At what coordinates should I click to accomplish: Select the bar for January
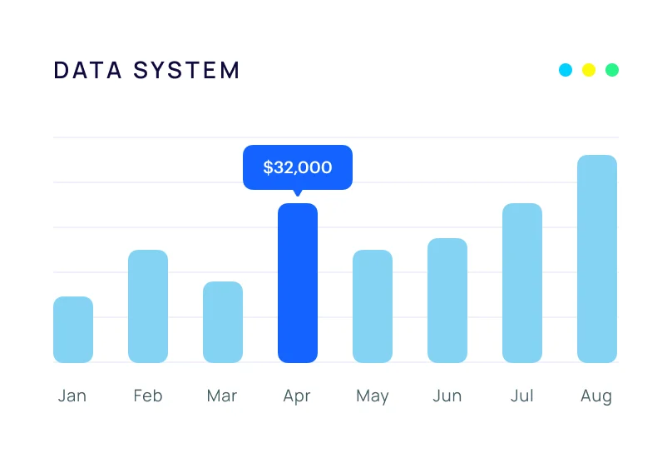(73, 330)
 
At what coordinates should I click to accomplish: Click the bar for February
(148, 306)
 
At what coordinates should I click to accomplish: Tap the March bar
(223, 322)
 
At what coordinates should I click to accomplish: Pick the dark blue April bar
(298, 283)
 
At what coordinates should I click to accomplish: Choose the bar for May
(373, 306)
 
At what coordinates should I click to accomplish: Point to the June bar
(447, 301)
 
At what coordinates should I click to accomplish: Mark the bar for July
(522, 283)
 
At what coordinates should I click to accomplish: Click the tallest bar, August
(597, 259)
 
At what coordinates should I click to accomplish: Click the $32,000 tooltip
(298, 167)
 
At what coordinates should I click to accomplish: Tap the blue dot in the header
(566, 70)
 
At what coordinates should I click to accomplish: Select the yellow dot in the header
(589, 70)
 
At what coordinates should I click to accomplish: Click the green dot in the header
(612, 70)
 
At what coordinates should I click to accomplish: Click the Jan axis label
(72, 396)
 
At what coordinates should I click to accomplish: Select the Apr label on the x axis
(297, 396)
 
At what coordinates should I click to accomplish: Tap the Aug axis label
(596, 396)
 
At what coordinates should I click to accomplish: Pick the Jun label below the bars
(447, 396)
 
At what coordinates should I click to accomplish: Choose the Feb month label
(148, 396)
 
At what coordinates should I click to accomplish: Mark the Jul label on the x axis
(521, 396)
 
